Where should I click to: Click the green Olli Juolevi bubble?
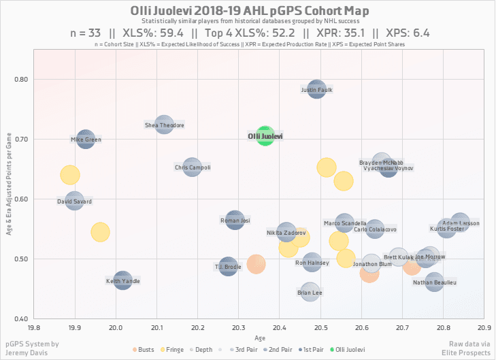[x=265, y=137]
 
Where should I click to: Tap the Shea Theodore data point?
[x=164, y=125]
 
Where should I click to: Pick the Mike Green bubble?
[x=86, y=140]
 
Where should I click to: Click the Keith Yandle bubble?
[x=122, y=280]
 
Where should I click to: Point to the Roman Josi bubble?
[x=235, y=220]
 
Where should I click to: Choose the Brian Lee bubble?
[x=310, y=293]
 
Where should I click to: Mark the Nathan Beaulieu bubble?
[x=434, y=281]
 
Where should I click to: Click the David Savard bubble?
[x=75, y=201]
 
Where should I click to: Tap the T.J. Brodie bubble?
[x=229, y=267]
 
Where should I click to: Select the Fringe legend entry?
[x=173, y=349]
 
